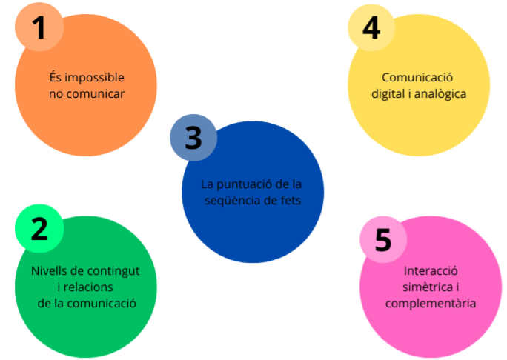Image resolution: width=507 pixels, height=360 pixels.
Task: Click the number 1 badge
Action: pos(39,27)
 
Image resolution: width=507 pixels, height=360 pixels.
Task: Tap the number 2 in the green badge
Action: pos(39,228)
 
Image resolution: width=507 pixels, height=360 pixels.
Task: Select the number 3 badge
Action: pos(193,138)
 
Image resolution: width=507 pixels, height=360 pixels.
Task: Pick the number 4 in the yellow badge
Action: pos(371,27)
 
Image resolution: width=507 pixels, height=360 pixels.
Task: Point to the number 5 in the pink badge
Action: pos(382,240)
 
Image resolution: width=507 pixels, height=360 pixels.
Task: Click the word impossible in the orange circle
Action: pos(95,78)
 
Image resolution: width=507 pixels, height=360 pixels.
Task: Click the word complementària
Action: pos(431,303)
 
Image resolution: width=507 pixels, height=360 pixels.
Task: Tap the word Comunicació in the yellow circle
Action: pos(418,77)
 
